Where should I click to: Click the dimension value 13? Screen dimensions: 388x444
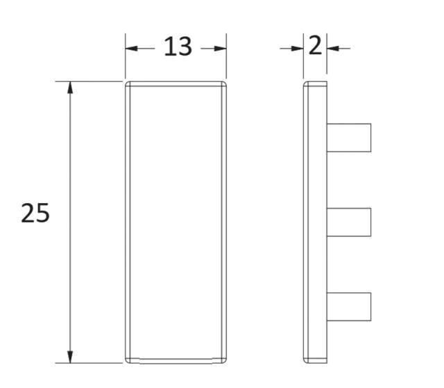(x=178, y=47)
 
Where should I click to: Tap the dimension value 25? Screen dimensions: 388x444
(x=35, y=213)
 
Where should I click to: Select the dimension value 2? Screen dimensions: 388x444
(x=315, y=47)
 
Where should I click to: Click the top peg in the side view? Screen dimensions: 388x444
(x=349, y=138)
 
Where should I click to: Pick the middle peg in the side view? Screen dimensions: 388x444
(x=349, y=222)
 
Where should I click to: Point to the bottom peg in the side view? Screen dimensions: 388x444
(x=349, y=307)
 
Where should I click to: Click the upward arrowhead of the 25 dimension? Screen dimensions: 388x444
(x=69, y=88)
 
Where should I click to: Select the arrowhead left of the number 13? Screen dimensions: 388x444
(x=132, y=48)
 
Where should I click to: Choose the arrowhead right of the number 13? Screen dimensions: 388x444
(x=220, y=48)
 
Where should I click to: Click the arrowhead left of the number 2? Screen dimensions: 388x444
(x=297, y=48)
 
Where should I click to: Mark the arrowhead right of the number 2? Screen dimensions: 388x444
(x=332, y=48)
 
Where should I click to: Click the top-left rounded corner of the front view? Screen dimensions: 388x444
(x=128, y=85)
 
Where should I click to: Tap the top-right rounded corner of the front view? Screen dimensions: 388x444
(x=224, y=85)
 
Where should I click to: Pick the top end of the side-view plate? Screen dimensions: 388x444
(x=315, y=83)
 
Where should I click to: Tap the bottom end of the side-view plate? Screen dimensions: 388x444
(x=315, y=361)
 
